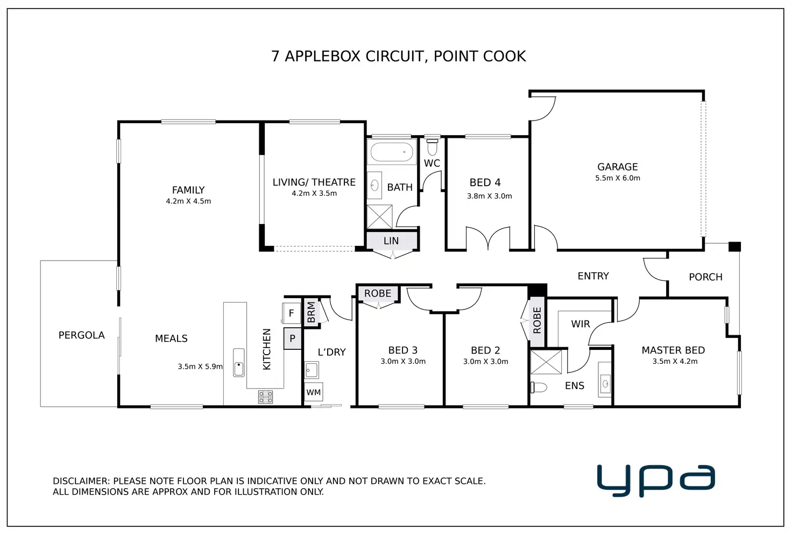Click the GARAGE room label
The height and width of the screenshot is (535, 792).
(617, 166)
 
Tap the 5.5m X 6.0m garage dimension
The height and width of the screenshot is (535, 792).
(617, 178)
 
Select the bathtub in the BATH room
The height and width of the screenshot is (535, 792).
(392, 152)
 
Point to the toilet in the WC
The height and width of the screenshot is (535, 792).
(432, 147)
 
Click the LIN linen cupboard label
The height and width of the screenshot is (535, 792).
(391, 241)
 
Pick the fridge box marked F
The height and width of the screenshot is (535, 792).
(291, 313)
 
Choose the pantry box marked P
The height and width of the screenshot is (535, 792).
(292, 339)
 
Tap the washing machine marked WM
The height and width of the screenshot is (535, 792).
(314, 392)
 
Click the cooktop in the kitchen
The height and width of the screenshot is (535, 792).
(266, 397)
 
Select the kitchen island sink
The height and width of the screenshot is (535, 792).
(239, 362)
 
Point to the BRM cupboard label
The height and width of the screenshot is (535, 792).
(311, 312)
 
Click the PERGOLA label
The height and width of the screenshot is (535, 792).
(81, 335)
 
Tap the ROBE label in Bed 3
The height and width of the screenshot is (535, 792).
(378, 293)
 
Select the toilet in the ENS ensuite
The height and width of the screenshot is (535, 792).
(539, 387)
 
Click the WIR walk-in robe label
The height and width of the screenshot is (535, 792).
(580, 324)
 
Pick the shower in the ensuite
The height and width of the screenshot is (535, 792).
(546, 362)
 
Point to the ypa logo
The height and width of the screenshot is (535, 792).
(656, 481)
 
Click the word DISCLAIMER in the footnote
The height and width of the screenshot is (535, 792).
(81, 481)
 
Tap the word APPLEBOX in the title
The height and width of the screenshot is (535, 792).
(322, 56)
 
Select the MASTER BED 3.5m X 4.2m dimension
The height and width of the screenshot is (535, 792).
(675, 361)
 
